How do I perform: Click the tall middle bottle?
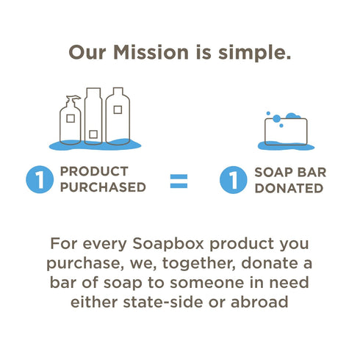[93, 116]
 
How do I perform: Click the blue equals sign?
[179, 180]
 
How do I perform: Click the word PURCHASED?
[103, 187]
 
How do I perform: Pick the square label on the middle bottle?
[93, 132]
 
